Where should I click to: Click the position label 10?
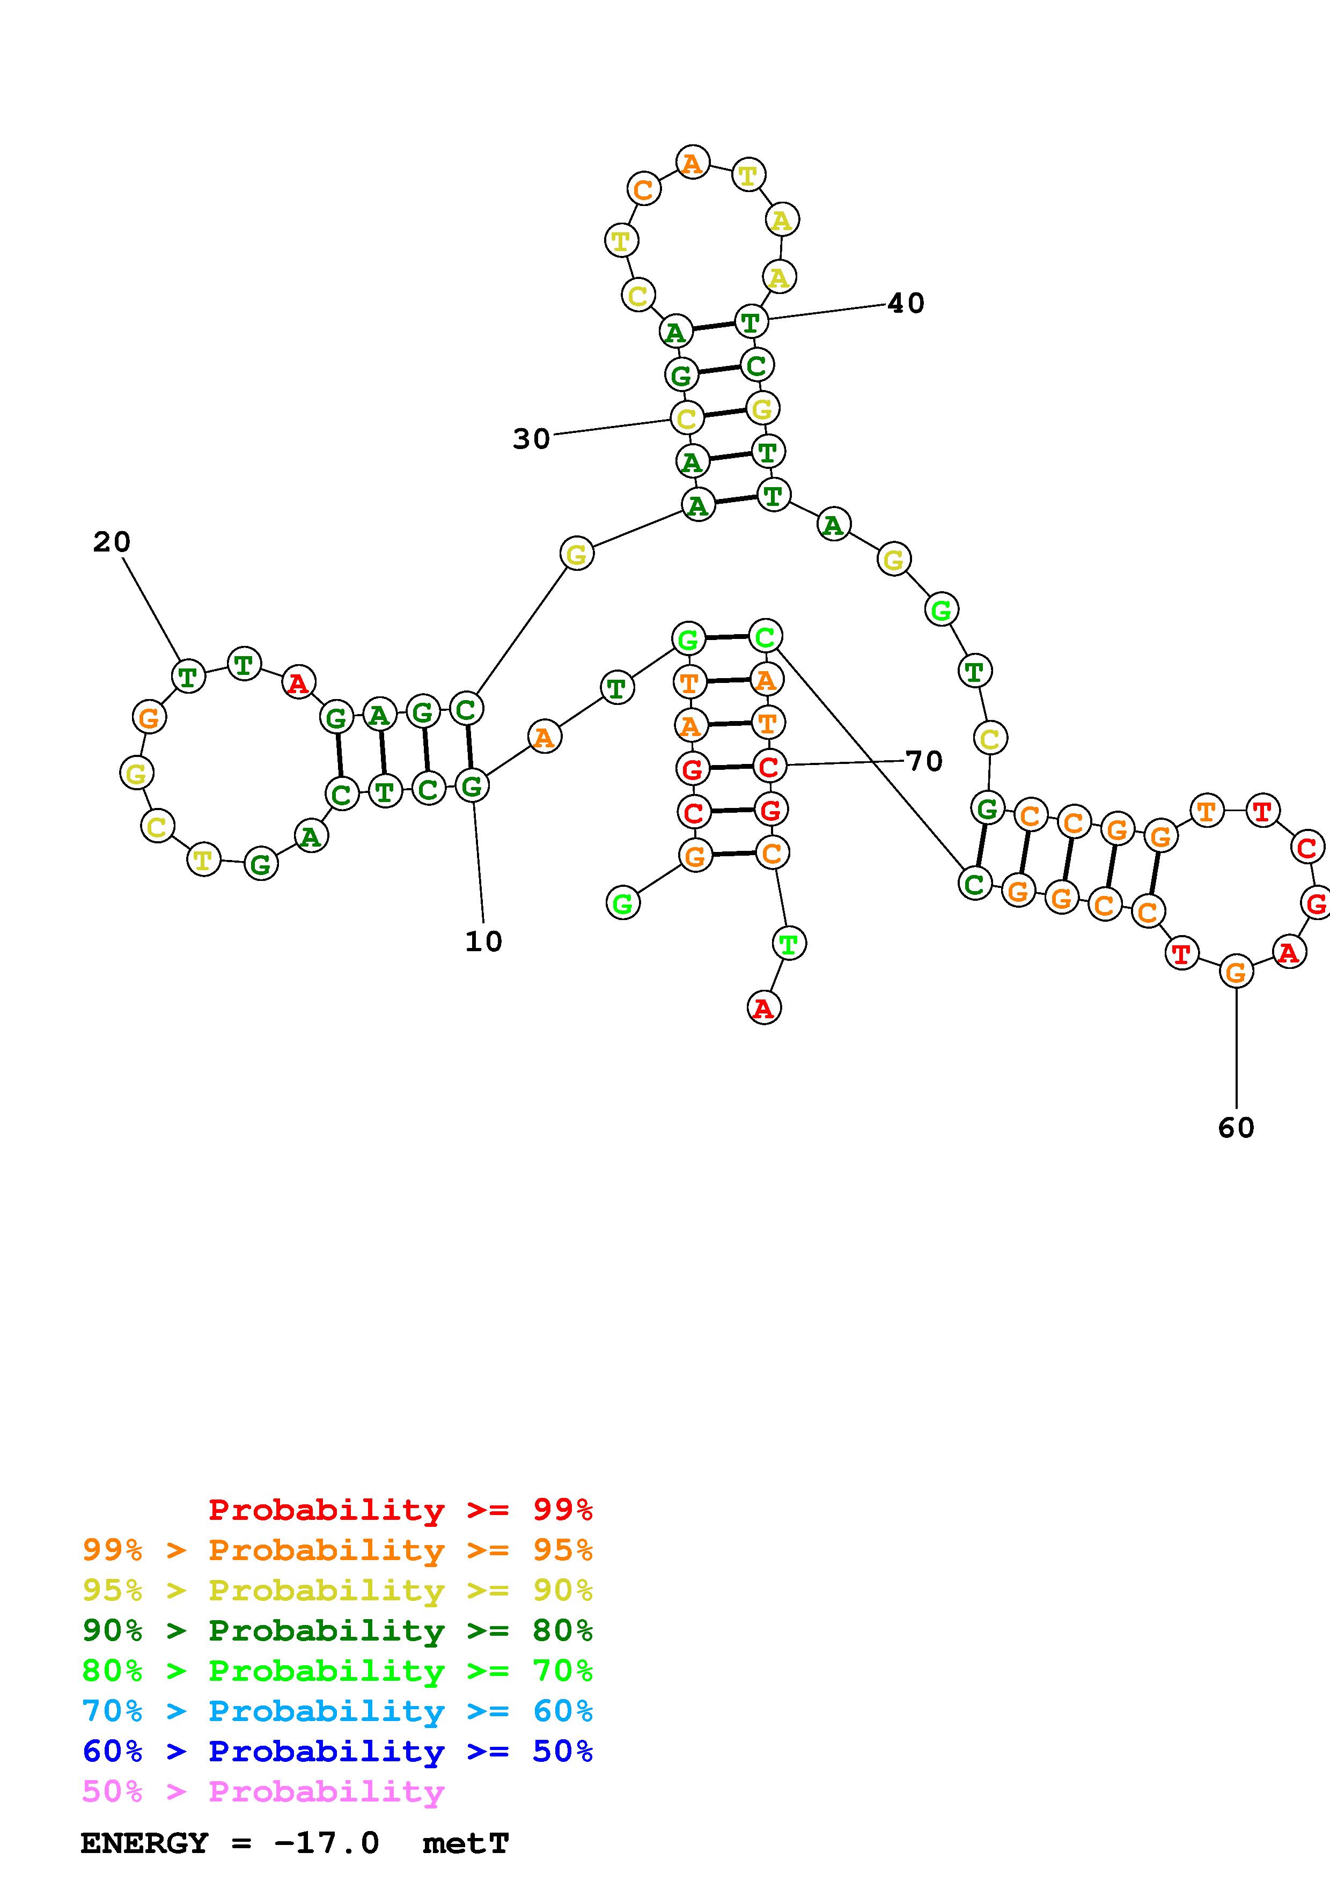483,941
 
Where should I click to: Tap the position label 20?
112,542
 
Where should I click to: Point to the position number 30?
531,439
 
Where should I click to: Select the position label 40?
906,303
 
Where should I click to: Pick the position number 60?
1236,1128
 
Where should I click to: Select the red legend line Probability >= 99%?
401,1509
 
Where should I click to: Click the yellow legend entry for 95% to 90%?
337,1590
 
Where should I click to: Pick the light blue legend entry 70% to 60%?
337,1711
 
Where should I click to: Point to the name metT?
466,1843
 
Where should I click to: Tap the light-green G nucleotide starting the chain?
623,903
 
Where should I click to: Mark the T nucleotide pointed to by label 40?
751,321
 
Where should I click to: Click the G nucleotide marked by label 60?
1236,972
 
